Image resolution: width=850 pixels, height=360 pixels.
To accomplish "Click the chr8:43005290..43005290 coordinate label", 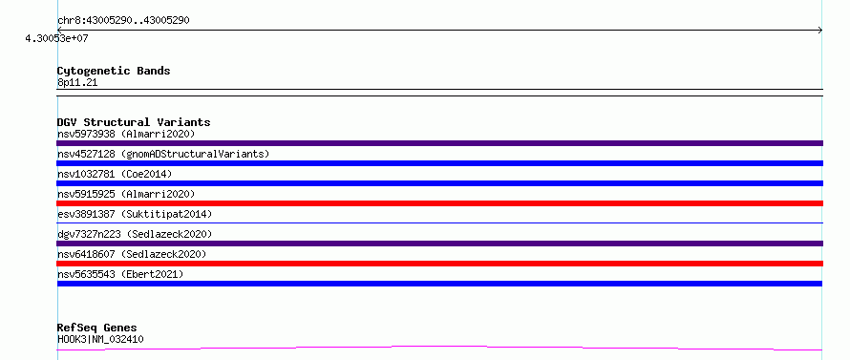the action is point(123,21).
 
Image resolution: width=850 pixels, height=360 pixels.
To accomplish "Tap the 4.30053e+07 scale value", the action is point(56,38).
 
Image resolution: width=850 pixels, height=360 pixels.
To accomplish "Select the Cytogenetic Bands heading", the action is point(114,71).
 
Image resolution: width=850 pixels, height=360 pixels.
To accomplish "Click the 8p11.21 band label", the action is point(77,83).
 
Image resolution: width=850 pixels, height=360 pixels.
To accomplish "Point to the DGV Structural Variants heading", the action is point(134,122).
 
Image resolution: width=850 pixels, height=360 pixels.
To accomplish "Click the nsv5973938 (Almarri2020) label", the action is point(126,134).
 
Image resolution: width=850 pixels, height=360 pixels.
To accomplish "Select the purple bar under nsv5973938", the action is point(439,143).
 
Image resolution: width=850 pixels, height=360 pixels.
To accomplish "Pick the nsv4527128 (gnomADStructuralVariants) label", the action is point(163,154).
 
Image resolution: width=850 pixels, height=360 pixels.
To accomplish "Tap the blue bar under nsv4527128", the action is point(439,163).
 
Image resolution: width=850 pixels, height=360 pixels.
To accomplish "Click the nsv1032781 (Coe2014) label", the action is point(115,174).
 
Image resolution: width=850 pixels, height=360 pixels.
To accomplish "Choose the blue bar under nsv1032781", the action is point(439,183).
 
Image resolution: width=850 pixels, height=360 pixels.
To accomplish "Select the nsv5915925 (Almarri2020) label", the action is point(126,194).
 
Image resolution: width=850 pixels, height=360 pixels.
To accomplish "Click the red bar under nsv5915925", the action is point(439,203).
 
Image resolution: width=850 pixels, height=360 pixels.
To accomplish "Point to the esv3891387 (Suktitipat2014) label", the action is point(135,214).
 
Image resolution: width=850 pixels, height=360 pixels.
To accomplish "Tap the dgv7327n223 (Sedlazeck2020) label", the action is point(135,234).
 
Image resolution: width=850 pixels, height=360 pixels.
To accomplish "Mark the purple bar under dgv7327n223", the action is point(439,244).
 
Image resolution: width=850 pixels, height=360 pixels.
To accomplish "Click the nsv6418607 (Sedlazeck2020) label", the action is point(132,254).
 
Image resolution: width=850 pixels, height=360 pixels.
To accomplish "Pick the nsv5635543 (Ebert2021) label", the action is point(120,274).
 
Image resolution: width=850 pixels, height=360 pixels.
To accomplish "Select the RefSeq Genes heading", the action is point(97,328).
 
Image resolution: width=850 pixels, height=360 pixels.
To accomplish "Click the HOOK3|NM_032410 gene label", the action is point(100,340).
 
